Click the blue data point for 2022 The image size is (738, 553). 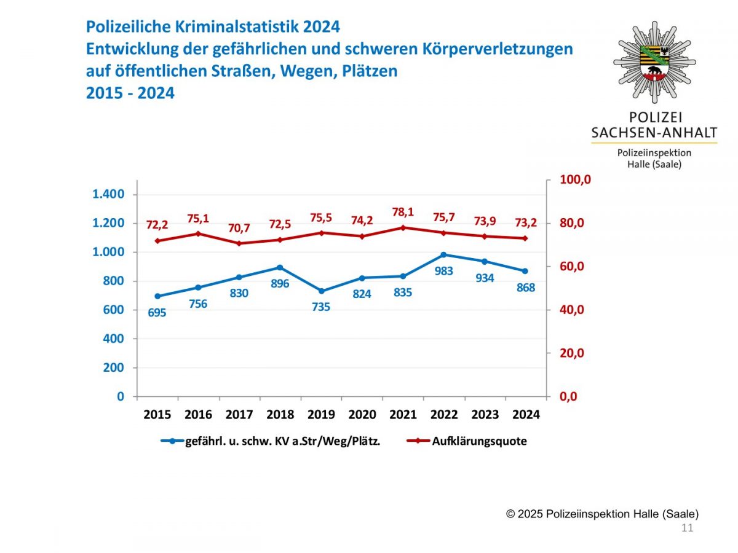tap(443, 254)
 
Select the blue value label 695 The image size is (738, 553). tap(157, 313)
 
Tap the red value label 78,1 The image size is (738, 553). tap(403, 212)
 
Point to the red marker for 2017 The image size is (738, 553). tap(239, 243)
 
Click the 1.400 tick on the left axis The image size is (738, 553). tap(108, 194)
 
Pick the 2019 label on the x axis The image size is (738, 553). tap(321, 415)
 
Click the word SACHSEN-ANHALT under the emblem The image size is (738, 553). tap(654, 133)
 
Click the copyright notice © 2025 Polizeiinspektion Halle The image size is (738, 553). tap(602, 514)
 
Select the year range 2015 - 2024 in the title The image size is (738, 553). tap(130, 93)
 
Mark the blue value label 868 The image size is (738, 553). tap(525, 288)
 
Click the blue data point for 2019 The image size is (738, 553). tap(321, 291)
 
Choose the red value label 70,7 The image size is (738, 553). tap(239, 228)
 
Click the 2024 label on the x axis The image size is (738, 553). tap(525, 415)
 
